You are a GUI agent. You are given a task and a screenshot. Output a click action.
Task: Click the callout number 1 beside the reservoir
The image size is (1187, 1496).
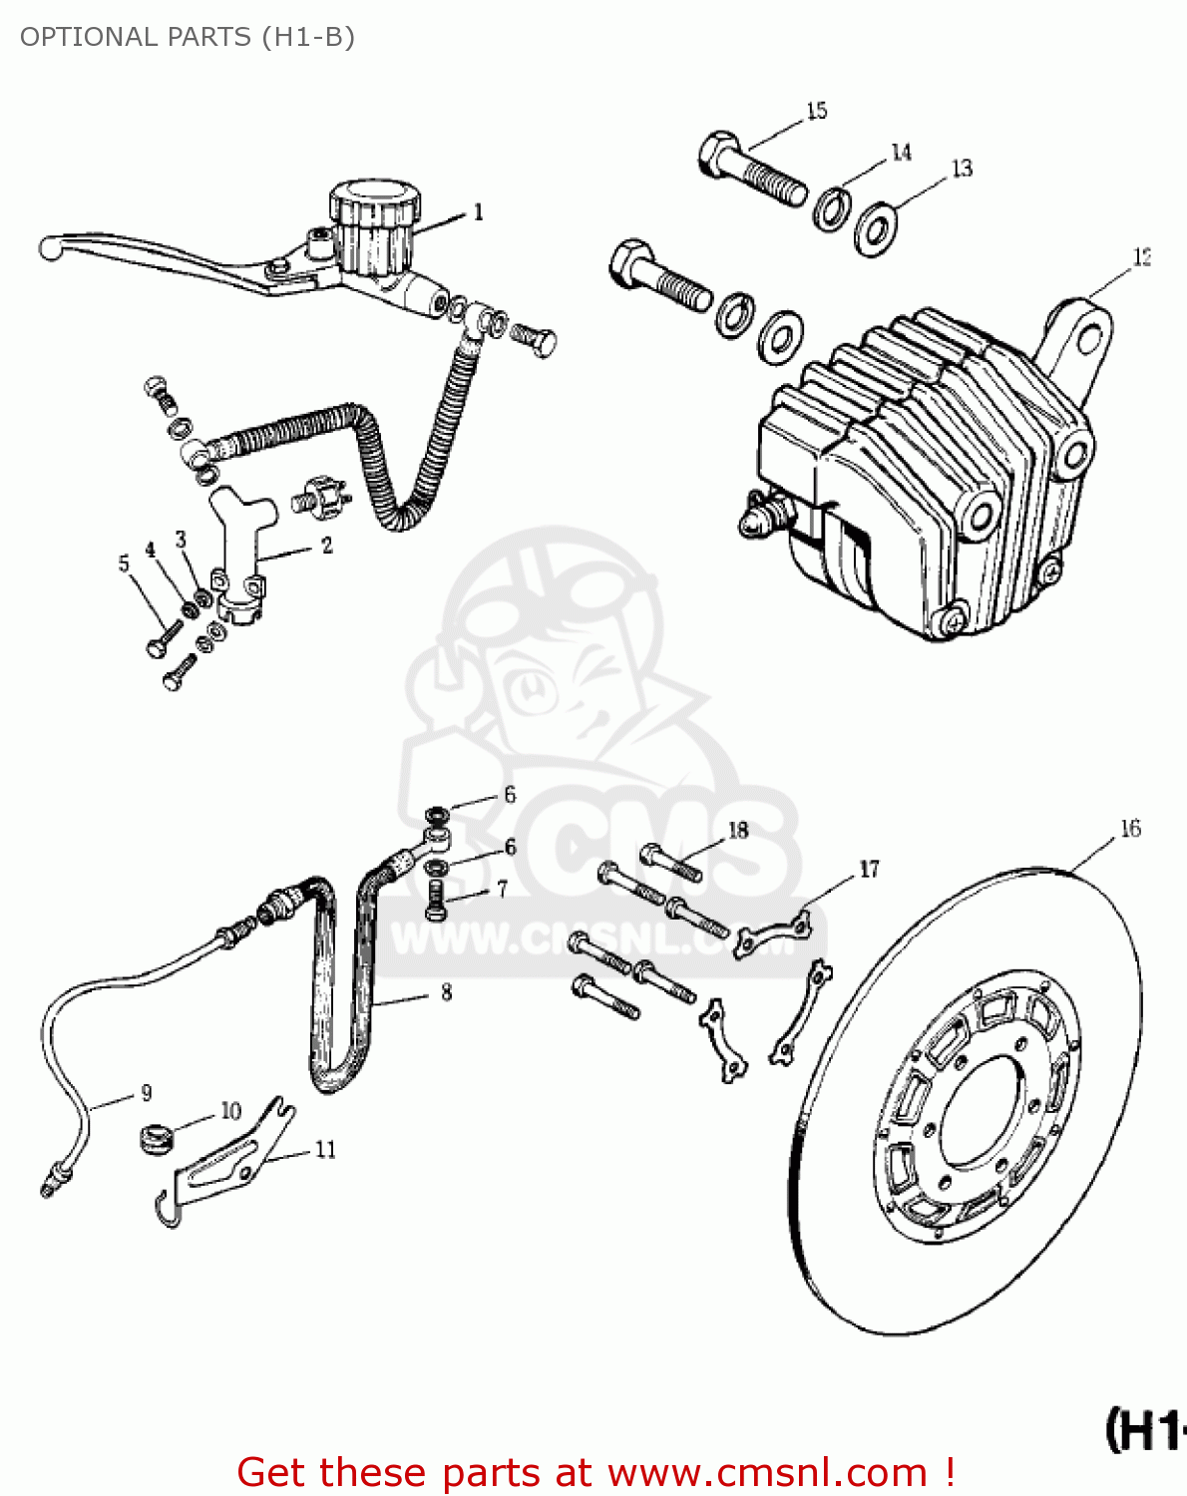[478, 212]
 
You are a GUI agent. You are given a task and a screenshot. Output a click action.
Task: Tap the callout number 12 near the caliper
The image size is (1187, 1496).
[1141, 257]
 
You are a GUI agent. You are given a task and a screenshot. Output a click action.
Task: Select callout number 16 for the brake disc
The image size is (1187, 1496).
[1129, 829]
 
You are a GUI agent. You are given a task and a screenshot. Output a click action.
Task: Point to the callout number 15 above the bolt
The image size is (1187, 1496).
[817, 111]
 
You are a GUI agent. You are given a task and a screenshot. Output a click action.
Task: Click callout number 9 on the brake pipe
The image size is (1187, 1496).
[147, 1093]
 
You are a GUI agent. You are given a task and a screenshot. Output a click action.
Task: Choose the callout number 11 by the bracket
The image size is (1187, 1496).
[325, 1150]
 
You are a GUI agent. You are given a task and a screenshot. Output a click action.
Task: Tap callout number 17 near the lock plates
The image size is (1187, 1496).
[869, 870]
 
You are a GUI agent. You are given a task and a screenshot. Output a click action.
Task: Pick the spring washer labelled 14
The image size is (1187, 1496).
[832, 208]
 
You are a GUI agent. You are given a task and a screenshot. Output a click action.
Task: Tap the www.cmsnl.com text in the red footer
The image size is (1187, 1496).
[767, 1472]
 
